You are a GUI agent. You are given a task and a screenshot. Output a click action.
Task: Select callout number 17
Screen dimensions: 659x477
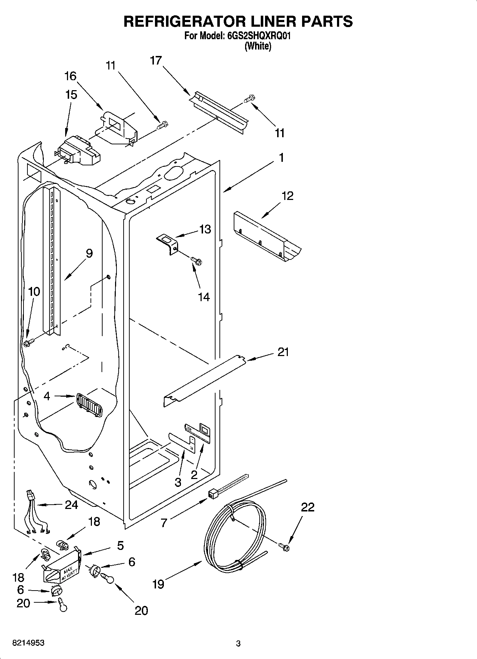tap(156, 61)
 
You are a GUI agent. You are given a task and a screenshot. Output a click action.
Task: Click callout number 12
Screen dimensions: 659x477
tap(287, 196)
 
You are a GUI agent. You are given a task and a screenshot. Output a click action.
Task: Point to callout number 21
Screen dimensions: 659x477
tap(283, 352)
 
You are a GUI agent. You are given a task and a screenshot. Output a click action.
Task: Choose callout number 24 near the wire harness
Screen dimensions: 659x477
tap(71, 505)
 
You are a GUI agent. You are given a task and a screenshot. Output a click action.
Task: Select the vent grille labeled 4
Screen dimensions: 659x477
tap(88, 405)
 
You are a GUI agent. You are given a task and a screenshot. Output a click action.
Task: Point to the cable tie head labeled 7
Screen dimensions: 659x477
tap(213, 493)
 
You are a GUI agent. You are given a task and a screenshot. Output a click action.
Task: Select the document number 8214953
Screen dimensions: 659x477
tap(28, 643)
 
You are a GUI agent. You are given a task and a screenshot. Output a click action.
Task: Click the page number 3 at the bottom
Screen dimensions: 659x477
tap(238, 644)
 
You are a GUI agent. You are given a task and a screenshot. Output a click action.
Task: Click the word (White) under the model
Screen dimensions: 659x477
tap(258, 46)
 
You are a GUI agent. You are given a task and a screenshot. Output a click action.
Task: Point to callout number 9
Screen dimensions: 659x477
tap(89, 253)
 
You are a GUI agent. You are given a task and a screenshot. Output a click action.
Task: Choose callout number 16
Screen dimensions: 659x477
tap(70, 76)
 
